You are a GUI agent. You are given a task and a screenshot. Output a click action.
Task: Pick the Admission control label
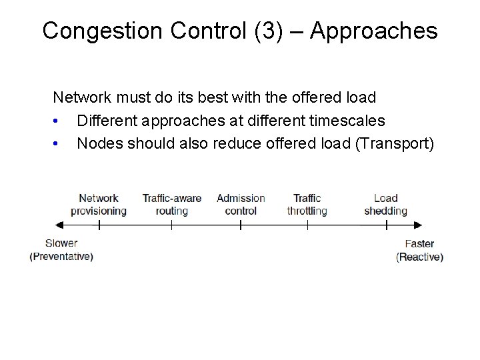[241, 204]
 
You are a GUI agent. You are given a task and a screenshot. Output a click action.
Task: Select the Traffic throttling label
[307, 204]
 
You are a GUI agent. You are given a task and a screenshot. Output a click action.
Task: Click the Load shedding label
[385, 204]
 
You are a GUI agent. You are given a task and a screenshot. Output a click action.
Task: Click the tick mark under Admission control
[241, 225]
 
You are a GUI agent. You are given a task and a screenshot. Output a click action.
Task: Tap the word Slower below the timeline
[61, 243]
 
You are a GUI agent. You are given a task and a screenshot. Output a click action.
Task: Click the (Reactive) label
[419, 257]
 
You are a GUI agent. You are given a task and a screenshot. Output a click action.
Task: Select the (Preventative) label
[61, 257]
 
